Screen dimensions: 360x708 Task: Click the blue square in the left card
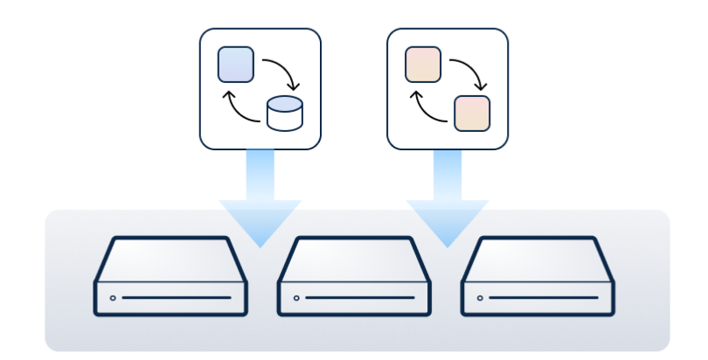click(236, 65)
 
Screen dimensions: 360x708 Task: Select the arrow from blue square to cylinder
click(285, 72)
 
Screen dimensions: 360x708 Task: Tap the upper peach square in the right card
click(423, 65)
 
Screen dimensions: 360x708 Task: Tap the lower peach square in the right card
click(472, 113)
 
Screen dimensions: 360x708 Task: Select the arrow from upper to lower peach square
click(472, 72)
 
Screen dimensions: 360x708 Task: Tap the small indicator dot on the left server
click(113, 298)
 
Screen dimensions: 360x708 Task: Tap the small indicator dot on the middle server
click(296, 298)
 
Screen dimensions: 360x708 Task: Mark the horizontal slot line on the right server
click(545, 298)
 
